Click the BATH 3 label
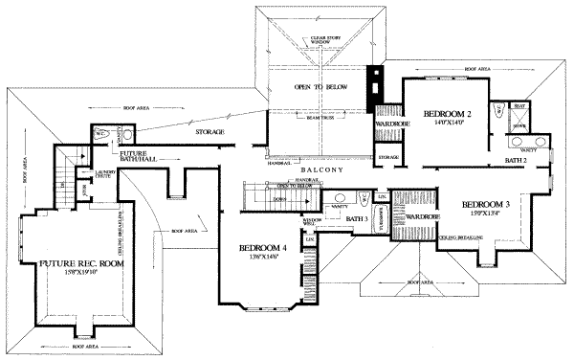[x=358, y=219]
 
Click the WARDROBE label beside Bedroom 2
[x=386, y=124]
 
